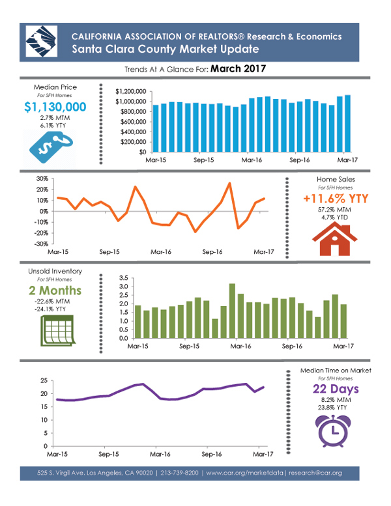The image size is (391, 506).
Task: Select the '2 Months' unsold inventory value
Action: coord(54,290)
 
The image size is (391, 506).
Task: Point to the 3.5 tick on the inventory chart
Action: coord(124,278)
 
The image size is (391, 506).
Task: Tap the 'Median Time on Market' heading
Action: coord(336,370)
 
